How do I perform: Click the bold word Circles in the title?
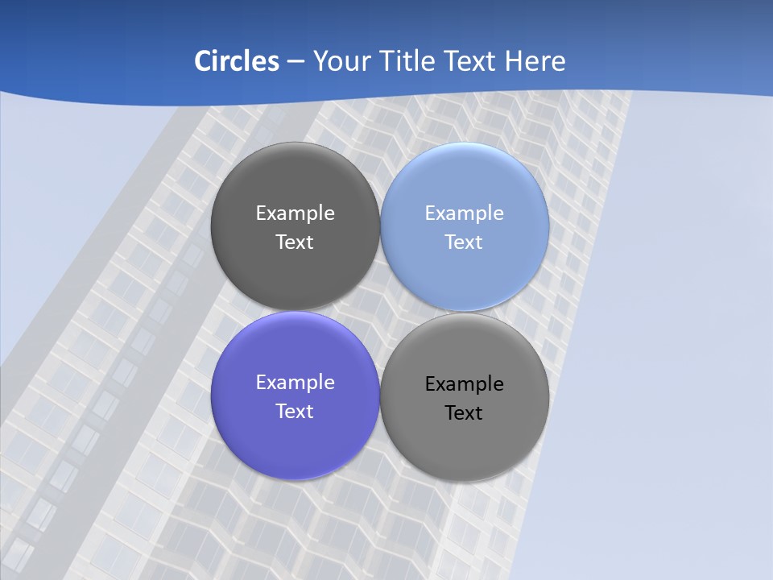[x=236, y=61]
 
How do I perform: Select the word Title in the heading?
[x=407, y=61]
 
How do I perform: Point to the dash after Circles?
[x=296, y=62]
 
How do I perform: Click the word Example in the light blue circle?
[x=465, y=213]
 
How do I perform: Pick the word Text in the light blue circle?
[x=464, y=242]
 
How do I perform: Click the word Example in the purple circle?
[x=295, y=383]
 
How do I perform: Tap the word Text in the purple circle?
[x=295, y=412]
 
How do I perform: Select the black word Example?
[x=465, y=384]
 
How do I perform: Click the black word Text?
[x=464, y=413]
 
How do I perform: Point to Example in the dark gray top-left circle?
[x=295, y=213]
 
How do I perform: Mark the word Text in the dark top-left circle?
[x=295, y=242]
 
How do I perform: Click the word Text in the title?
[x=471, y=61]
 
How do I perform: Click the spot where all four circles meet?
[x=380, y=312]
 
